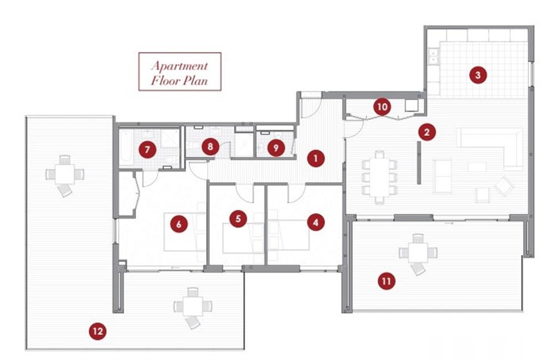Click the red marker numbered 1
(x=315, y=158)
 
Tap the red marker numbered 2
(x=427, y=132)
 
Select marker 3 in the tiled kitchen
(x=478, y=75)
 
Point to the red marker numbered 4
(x=315, y=223)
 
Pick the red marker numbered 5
(x=238, y=218)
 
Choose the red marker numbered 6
(x=178, y=224)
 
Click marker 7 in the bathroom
(x=147, y=150)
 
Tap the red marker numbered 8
(x=210, y=147)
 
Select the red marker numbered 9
(x=276, y=147)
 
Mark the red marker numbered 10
(x=382, y=106)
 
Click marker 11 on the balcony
(x=387, y=281)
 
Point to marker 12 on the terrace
(x=98, y=331)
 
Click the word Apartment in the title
(x=180, y=65)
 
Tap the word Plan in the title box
(x=194, y=80)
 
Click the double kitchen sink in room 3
(x=433, y=56)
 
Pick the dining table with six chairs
(x=379, y=177)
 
